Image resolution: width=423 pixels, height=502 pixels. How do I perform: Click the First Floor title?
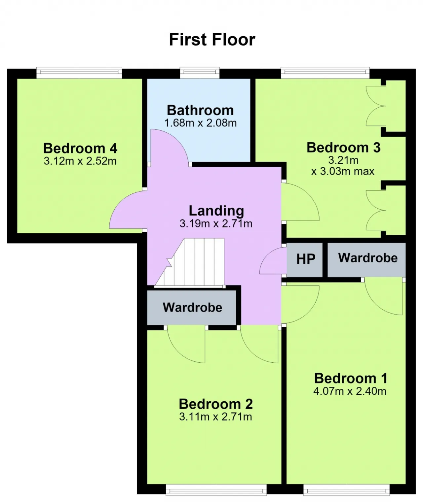pos(212,40)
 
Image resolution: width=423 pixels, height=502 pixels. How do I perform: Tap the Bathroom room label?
pos(200,110)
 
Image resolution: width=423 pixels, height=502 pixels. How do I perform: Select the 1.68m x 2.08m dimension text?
pos(200,123)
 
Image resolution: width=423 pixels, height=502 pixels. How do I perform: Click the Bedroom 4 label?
pos(80,148)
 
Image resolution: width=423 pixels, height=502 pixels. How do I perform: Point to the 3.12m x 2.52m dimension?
pos(80,161)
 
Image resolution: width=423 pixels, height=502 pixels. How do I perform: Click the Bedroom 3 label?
pos(343,148)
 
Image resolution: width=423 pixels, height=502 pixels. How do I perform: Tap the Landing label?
pos(216,211)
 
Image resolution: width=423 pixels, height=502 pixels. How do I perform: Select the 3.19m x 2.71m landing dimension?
pos(216,223)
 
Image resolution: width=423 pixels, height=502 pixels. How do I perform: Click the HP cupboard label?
pos(306,259)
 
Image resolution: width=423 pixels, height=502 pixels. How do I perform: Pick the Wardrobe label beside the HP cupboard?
pos(368,258)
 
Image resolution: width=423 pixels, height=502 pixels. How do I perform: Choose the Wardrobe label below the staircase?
pos(192,308)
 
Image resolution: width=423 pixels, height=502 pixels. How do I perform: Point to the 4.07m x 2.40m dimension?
pos(350,391)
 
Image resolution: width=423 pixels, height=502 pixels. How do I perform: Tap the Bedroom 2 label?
pos(216,404)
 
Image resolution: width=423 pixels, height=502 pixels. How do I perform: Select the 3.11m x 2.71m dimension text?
pos(215,417)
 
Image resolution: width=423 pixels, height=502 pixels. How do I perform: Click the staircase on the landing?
pos(190,262)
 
